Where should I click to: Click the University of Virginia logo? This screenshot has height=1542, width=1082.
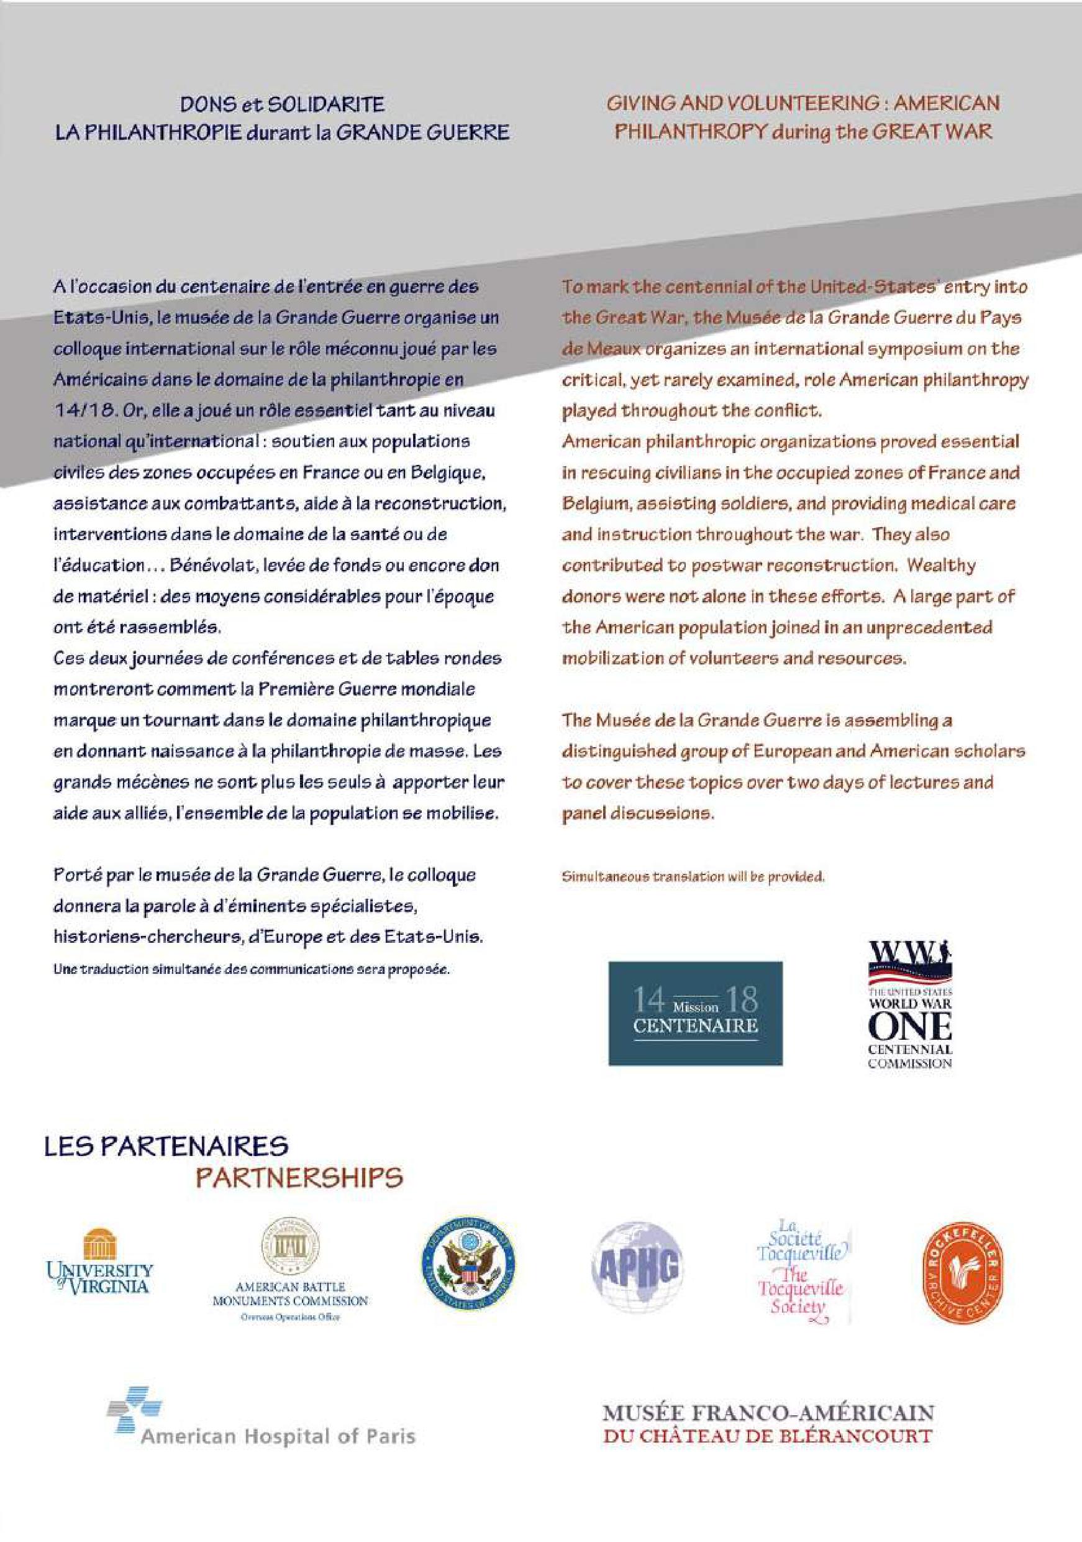pyautogui.click(x=99, y=1262)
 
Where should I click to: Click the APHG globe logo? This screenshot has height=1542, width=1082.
pyautogui.click(x=637, y=1267)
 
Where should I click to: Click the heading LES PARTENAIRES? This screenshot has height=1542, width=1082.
pyautogui.click(x=166, y=1147)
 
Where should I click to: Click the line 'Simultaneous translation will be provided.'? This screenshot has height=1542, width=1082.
pyautogui.click(x=693, y=876)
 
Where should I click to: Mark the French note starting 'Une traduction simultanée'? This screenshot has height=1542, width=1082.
pyautogui.click(x=252, y=970)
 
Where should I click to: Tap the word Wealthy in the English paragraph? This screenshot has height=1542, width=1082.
pyautogui.click(x=941, y=565)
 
